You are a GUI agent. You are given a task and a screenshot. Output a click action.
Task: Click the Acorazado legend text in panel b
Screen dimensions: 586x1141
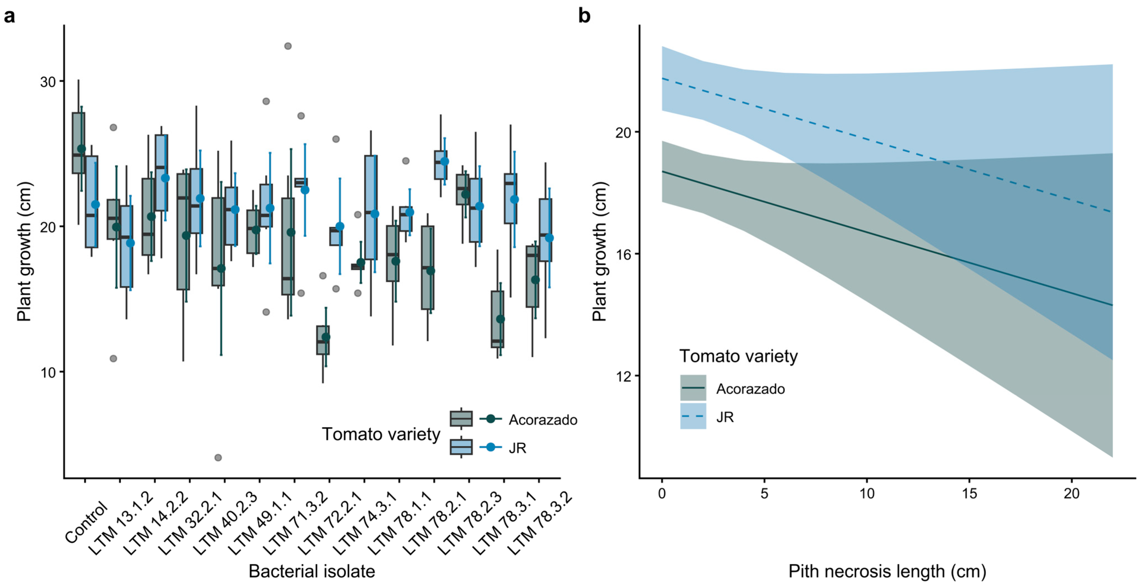coord(750,389)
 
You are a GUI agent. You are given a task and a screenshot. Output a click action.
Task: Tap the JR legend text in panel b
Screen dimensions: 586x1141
coord(725,417)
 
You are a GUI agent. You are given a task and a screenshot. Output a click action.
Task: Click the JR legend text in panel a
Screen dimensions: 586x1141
coord(517,448)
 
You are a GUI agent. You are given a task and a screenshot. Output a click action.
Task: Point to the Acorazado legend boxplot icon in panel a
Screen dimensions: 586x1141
coord(461,419)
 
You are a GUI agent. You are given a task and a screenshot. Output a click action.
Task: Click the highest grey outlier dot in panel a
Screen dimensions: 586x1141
coord(288,46)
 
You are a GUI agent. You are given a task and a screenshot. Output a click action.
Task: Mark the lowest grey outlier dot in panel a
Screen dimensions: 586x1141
coord(218,457)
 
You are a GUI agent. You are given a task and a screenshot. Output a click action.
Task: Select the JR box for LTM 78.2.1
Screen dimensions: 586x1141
coord(441,165)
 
